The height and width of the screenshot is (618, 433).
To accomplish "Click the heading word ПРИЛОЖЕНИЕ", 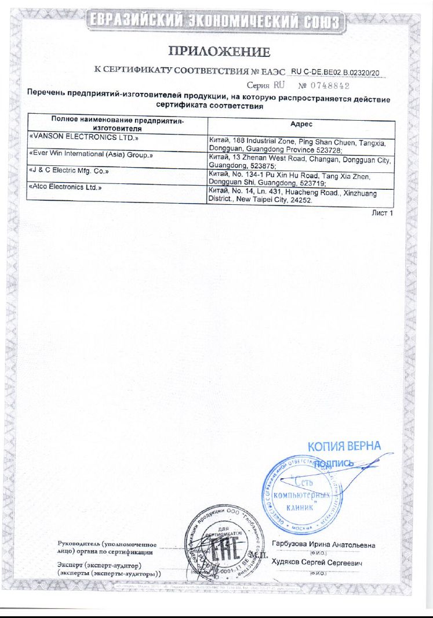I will (219, 53).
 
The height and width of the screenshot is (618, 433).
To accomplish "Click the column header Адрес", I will (301, 124).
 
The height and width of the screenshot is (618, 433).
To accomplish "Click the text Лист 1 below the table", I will (382, 213).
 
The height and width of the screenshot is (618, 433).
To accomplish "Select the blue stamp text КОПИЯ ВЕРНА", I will (344, 447).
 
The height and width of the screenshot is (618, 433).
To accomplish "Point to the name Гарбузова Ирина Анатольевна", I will (323, 545).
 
